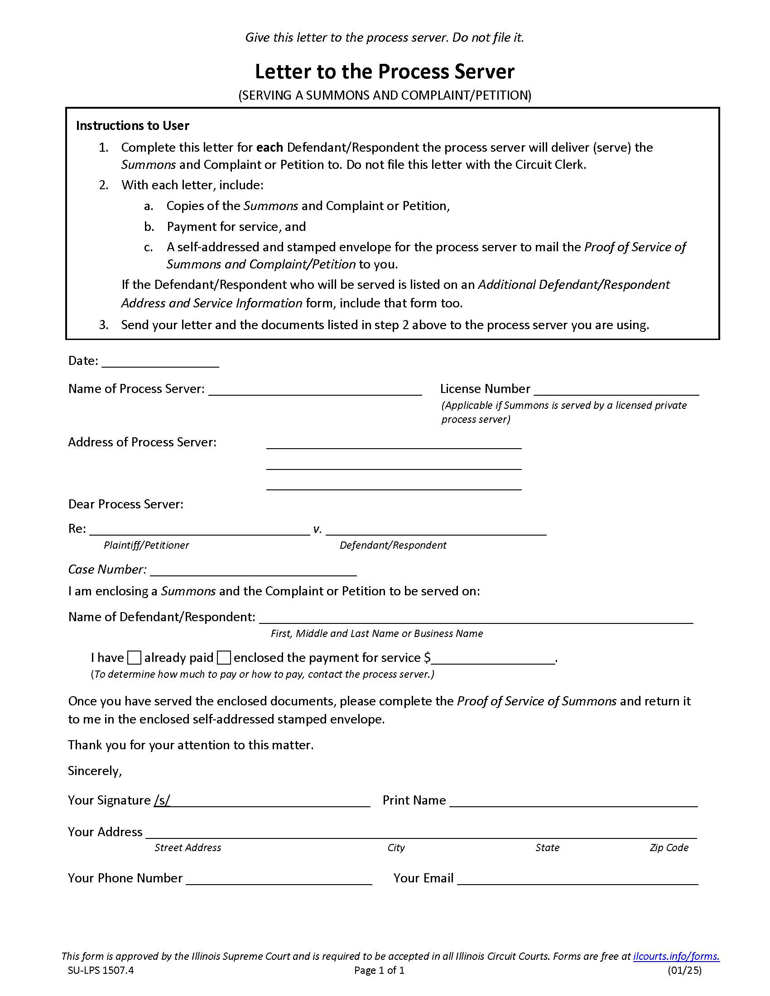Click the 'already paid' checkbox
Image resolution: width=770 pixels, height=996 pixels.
[x=134, y=658]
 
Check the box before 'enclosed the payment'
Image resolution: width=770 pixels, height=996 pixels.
[x=223, y=658]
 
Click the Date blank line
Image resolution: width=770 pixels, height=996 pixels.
[x=160, y=362]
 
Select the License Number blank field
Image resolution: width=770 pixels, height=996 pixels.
[x=616, y=389]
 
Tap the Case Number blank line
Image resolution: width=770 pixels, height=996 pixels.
[x=253, y=570]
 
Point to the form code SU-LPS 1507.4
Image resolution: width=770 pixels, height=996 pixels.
[x=101, y=957]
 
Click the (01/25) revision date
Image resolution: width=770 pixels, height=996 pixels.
[x=684, y=957]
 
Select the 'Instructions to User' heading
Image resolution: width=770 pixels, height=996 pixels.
[x=132, y=125]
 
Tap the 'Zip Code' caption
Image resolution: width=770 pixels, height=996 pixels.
[x=669, y=848]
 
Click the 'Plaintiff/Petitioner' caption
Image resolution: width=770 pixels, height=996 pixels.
[x=146, y=545]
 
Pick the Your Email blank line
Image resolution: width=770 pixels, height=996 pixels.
[x=577, y=879]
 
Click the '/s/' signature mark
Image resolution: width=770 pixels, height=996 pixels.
[x=162, y=800]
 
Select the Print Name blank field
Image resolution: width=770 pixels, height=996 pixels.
[x=573, y=801]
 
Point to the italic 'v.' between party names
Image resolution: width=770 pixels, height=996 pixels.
[x=318, y=529]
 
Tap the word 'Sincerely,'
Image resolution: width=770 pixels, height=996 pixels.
[x=95, y=771]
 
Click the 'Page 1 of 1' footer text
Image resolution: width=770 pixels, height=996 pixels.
[x=379, y=957]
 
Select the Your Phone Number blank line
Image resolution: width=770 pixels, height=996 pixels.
[x=279, y=879]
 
